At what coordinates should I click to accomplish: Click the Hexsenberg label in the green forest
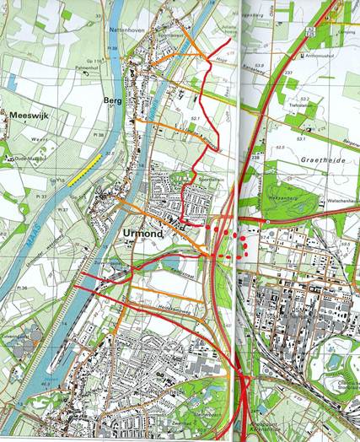274,194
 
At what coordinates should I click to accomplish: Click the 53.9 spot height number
261,64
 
